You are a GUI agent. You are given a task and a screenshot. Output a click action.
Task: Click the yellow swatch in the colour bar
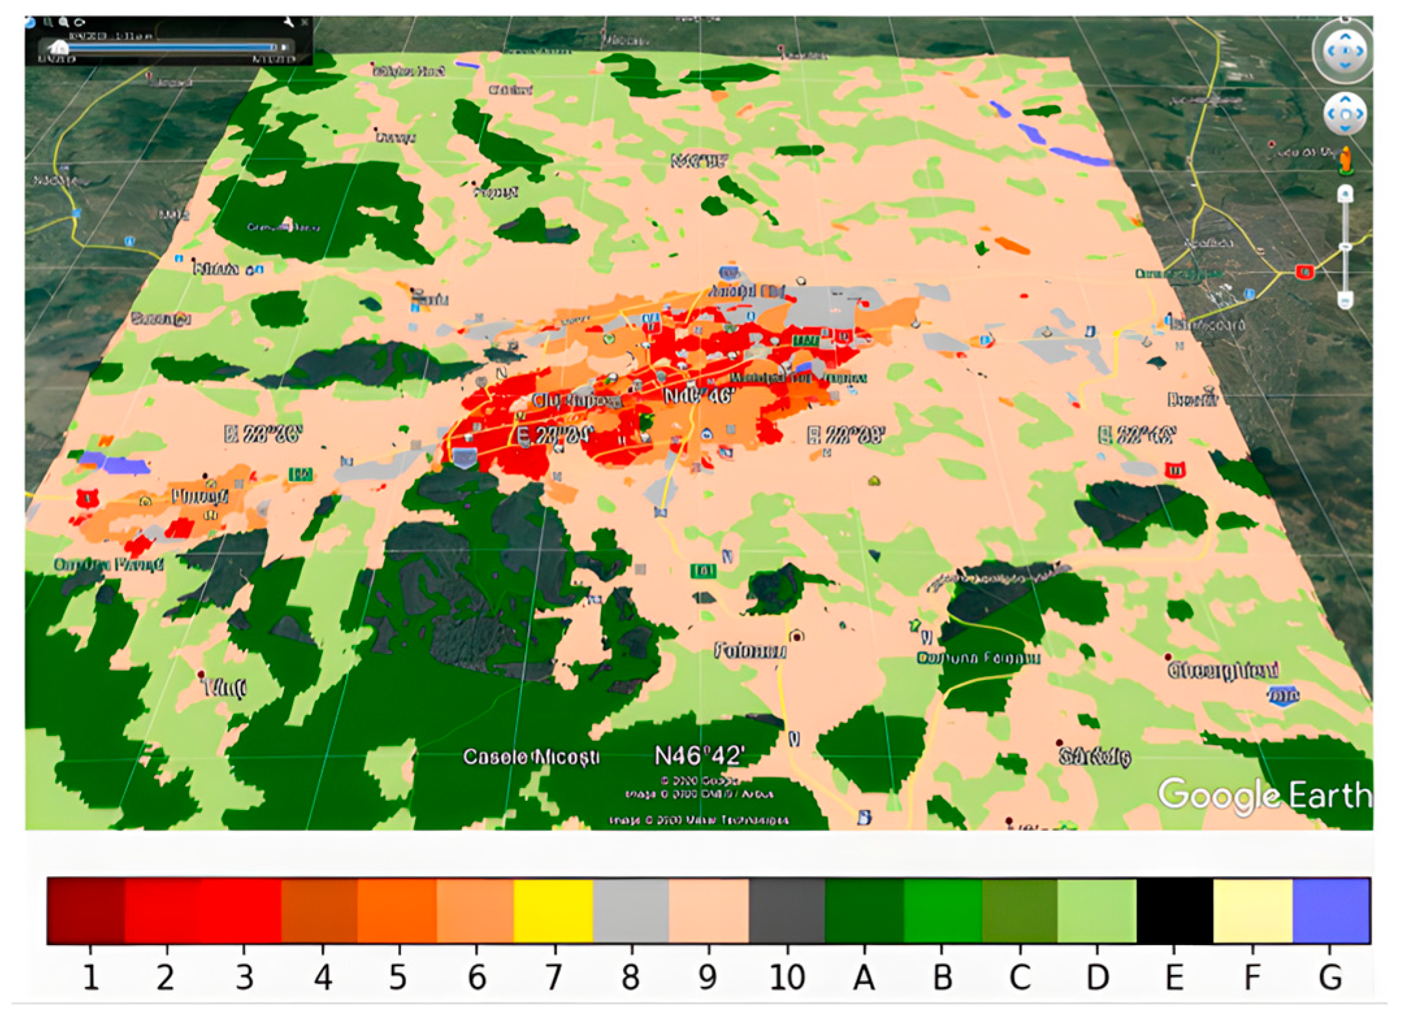click(553, 910)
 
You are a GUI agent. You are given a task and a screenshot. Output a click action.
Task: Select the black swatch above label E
click(1174, 910)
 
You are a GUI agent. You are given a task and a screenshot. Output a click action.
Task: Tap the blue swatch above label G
click(1331, 910)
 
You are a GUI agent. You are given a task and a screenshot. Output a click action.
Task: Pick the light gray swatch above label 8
click(631, 910)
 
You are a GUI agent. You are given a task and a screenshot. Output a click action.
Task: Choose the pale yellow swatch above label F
click(1253, 910)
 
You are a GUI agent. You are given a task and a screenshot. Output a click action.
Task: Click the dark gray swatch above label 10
click(787, 910)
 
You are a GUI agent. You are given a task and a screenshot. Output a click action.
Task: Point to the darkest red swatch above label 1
click(86, 910)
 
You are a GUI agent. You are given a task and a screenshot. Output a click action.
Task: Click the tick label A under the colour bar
click(863, 977)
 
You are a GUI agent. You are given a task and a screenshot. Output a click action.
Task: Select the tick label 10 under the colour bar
click(787, 977)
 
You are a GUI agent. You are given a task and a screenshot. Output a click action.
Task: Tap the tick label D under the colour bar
click(1097, 977)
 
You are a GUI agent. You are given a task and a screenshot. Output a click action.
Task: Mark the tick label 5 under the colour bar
click(398, 977)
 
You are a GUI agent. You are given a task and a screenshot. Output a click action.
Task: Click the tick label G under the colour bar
click(1330, 977)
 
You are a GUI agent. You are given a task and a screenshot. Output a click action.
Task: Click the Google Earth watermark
click(1264, 795)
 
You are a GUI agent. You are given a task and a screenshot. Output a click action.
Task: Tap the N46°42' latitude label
click(698, 756)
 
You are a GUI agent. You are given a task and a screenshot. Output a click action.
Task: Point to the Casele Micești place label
click(531, 757)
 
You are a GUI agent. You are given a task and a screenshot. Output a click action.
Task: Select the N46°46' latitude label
click(699, 395)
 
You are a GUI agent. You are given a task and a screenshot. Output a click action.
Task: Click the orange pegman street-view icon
click(1345, 161)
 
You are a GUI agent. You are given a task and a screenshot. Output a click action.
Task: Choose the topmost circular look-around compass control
click(1344, 51)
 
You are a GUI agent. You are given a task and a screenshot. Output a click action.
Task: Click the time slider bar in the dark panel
click(169, 47)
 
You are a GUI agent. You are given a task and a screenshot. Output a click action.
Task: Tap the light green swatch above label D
click(1097, 910)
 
